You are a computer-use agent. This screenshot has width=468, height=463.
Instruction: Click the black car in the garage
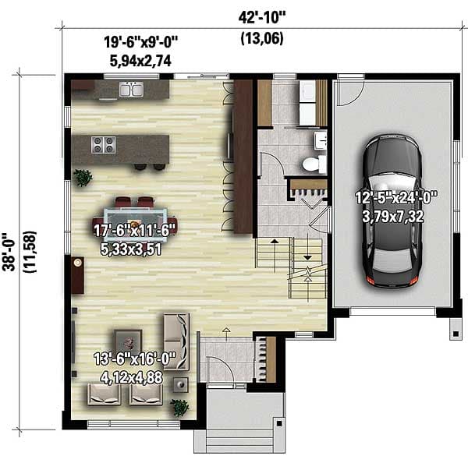point(393,210)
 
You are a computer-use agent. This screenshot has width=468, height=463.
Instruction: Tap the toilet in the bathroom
point(312,164)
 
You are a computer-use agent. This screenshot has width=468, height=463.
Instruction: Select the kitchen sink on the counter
point(130,90)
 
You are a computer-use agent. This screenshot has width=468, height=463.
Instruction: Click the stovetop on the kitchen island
point(104,144)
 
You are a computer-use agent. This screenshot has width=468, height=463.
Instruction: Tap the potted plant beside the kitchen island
point(83,178)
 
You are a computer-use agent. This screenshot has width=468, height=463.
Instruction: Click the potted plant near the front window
point(180,408)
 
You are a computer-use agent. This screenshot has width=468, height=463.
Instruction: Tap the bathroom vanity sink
point(320,141)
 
